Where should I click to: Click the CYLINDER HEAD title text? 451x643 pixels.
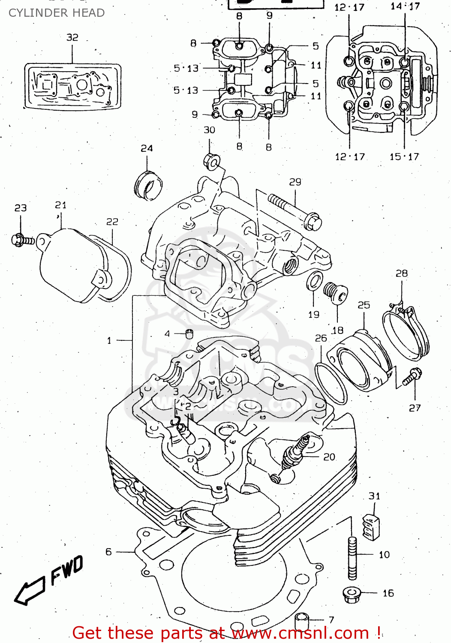[57, 13]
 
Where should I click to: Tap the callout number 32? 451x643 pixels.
[72, 37]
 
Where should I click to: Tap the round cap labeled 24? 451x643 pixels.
[148, 186]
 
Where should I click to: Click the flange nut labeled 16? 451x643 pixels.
[352, 595]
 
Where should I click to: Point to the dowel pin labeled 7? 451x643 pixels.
[302, 622]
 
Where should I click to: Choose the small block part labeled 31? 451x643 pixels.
[371, 527]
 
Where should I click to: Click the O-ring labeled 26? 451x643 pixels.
[331, 383]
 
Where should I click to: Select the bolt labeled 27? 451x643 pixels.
[412, 377]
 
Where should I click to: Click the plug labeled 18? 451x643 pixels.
[335, 292]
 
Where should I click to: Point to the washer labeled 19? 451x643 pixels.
[315, 281]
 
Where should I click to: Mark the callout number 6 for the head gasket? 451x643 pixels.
[109, 552]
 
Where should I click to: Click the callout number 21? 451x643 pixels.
[60, 205]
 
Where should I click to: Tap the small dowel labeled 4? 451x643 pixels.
[189, 334]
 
